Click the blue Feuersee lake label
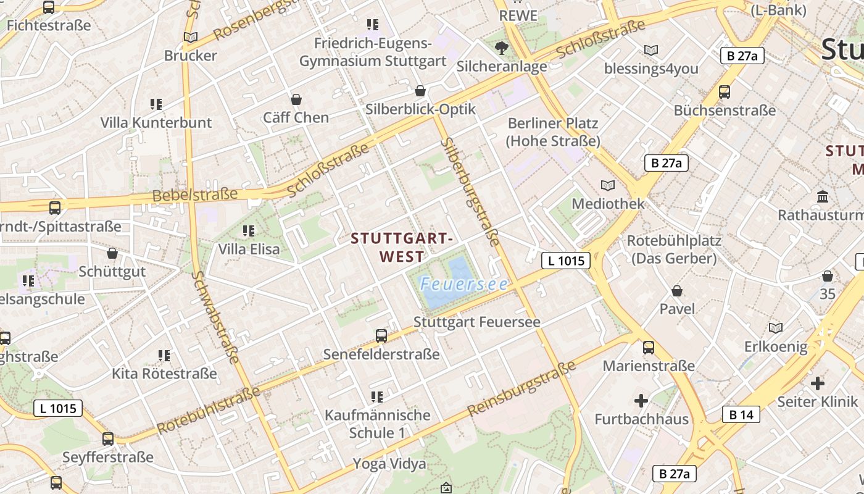point(463,284)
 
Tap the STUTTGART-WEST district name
point(402,247)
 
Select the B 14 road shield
point(741,414)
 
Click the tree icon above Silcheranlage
point(502,48)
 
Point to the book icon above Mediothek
point(608,185)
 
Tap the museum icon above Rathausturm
point(823,197)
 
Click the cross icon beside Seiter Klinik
point(818,383)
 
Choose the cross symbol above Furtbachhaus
point(641,401)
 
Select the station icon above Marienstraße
point(649,348)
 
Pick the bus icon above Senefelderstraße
point(381,336)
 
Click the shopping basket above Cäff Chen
point(296,99)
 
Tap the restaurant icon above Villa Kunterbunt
point(156,104)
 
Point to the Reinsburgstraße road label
point(521,389)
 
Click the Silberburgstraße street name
point(470,193)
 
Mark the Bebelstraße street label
point(195,195)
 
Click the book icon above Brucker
point(191,37)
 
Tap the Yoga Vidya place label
point(389,464)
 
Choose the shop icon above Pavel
point(677,290)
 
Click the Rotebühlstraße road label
point(209,411)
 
